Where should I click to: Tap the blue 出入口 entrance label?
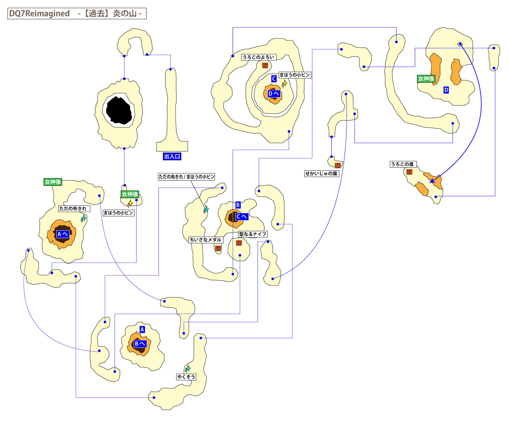[172, 156]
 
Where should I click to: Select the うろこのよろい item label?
[258, 57]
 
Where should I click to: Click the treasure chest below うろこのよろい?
[265, 65]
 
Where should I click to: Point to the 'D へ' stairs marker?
[274, 94]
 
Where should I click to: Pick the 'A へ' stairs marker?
[63, 234]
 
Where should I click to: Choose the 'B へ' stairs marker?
[140, 344]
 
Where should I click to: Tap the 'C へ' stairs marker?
[242, 217]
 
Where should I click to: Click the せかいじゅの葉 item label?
[321, 174]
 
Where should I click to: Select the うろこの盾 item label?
[402, 164]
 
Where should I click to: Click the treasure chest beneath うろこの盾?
[409, 172]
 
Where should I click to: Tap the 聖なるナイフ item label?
[253, 234]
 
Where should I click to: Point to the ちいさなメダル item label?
[206, 240]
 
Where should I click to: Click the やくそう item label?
[186, 377]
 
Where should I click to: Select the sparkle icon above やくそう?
[188, 369]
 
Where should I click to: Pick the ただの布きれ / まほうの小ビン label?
[186, 177]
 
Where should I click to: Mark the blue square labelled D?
[446, 90]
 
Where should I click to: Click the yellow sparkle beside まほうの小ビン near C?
[284, 83]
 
